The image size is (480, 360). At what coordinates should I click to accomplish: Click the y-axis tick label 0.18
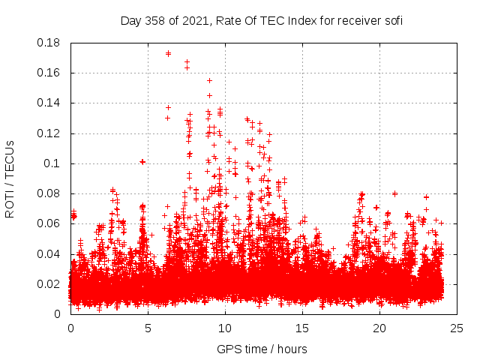point(50,43)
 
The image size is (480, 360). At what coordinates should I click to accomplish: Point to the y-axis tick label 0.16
point(50,73)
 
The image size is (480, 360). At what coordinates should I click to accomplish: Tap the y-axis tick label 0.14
point(50,103)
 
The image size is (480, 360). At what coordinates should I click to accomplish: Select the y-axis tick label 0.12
point(50,133)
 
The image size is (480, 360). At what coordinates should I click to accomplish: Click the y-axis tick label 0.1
point(53,163)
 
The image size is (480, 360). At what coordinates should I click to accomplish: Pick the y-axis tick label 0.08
point(50,193)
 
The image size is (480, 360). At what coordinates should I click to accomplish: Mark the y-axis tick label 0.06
point(50,223)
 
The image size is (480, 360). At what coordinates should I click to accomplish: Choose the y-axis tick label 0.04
point(50,253)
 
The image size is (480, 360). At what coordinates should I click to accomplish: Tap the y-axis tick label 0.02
point(50,284)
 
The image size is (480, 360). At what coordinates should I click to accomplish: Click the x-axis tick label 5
point(148,328)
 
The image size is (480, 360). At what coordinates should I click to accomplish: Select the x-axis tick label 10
point(225,328)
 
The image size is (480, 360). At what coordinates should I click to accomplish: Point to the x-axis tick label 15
point(302,328)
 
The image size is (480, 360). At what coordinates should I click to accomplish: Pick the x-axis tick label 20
point(379,328)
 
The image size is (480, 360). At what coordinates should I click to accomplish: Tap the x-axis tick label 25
point(457,328)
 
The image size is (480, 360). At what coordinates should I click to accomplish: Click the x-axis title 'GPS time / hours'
point(262,349)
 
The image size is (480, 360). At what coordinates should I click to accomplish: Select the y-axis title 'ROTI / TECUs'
point(10,178)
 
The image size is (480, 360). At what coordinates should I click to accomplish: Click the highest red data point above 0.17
point(168,53)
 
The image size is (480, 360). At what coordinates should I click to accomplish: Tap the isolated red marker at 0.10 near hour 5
point(142,161)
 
